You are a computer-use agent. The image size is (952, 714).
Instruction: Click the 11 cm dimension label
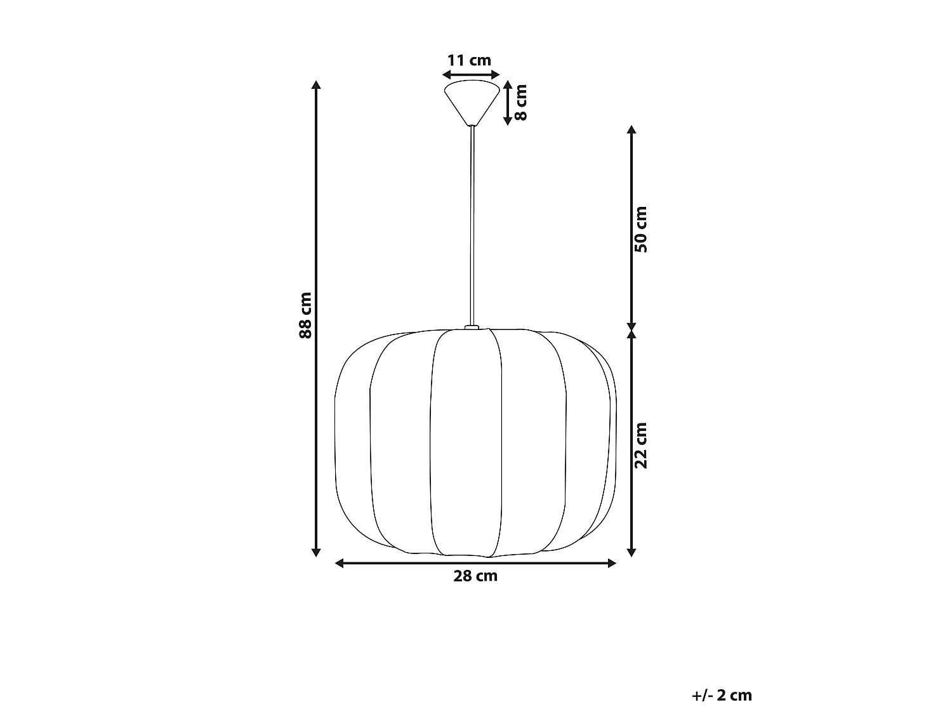[x=469, y=60]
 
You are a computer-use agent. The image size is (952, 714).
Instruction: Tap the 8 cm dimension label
[x=520, y=102]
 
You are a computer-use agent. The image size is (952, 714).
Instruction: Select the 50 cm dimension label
[x=640, y=229]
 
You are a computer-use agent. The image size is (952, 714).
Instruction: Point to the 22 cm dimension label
[x=640, y=446]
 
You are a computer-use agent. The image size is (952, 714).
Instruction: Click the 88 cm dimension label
[x=305, y=315]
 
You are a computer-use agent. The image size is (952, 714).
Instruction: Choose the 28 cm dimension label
[x=475, y=576]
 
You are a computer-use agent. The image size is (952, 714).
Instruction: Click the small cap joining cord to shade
[x=472, y=327]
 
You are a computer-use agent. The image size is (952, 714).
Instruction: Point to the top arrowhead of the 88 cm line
[x=316, y=84]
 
